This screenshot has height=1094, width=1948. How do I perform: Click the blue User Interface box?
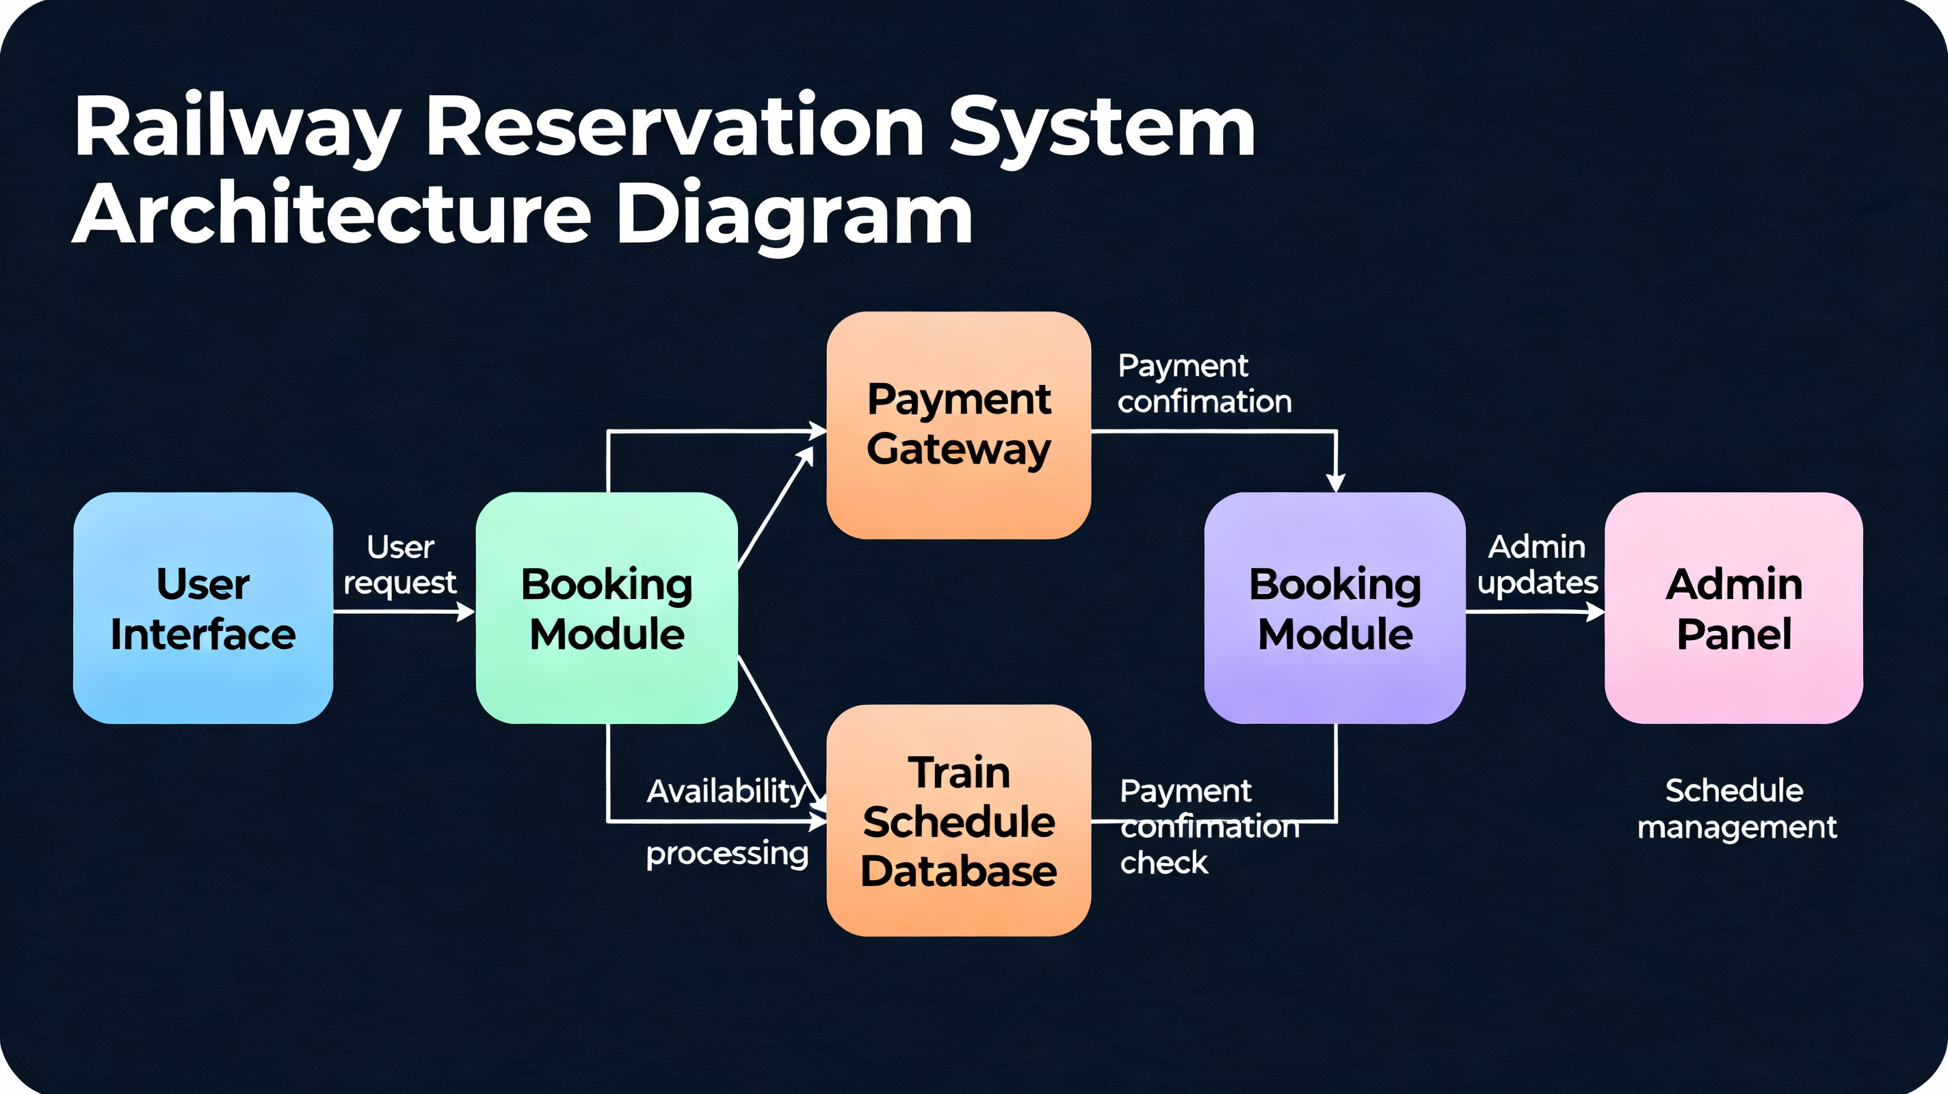click(202, 608)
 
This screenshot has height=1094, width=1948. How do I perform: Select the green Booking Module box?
click(607, 608)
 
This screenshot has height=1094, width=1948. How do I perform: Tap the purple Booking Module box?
click(1334, 608)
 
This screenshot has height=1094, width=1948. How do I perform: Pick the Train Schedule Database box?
click(958, 820)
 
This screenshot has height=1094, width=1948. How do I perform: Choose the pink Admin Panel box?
click(1733, 608)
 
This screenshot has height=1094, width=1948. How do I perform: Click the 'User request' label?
click(400, 564)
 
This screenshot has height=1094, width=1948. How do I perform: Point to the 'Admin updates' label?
click(1538, 564)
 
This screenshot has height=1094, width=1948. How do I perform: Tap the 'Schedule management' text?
click(1736, 808)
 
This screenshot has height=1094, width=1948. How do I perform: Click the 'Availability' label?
click(726, 792)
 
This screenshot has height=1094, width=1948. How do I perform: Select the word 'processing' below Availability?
click(726, 853)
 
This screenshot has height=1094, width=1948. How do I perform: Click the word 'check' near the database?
click(1164, 863)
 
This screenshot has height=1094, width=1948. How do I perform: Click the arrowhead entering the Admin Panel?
click(1595, 612)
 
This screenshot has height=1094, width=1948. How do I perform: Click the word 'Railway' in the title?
click(236, 126)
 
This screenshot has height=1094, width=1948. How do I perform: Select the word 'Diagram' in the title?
click(794, 214)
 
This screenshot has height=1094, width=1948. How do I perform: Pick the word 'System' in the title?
click(1102, 126)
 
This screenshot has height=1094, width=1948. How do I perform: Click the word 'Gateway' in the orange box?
click(958, 450)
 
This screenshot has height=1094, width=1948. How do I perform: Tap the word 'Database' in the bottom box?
click(958, 871)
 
